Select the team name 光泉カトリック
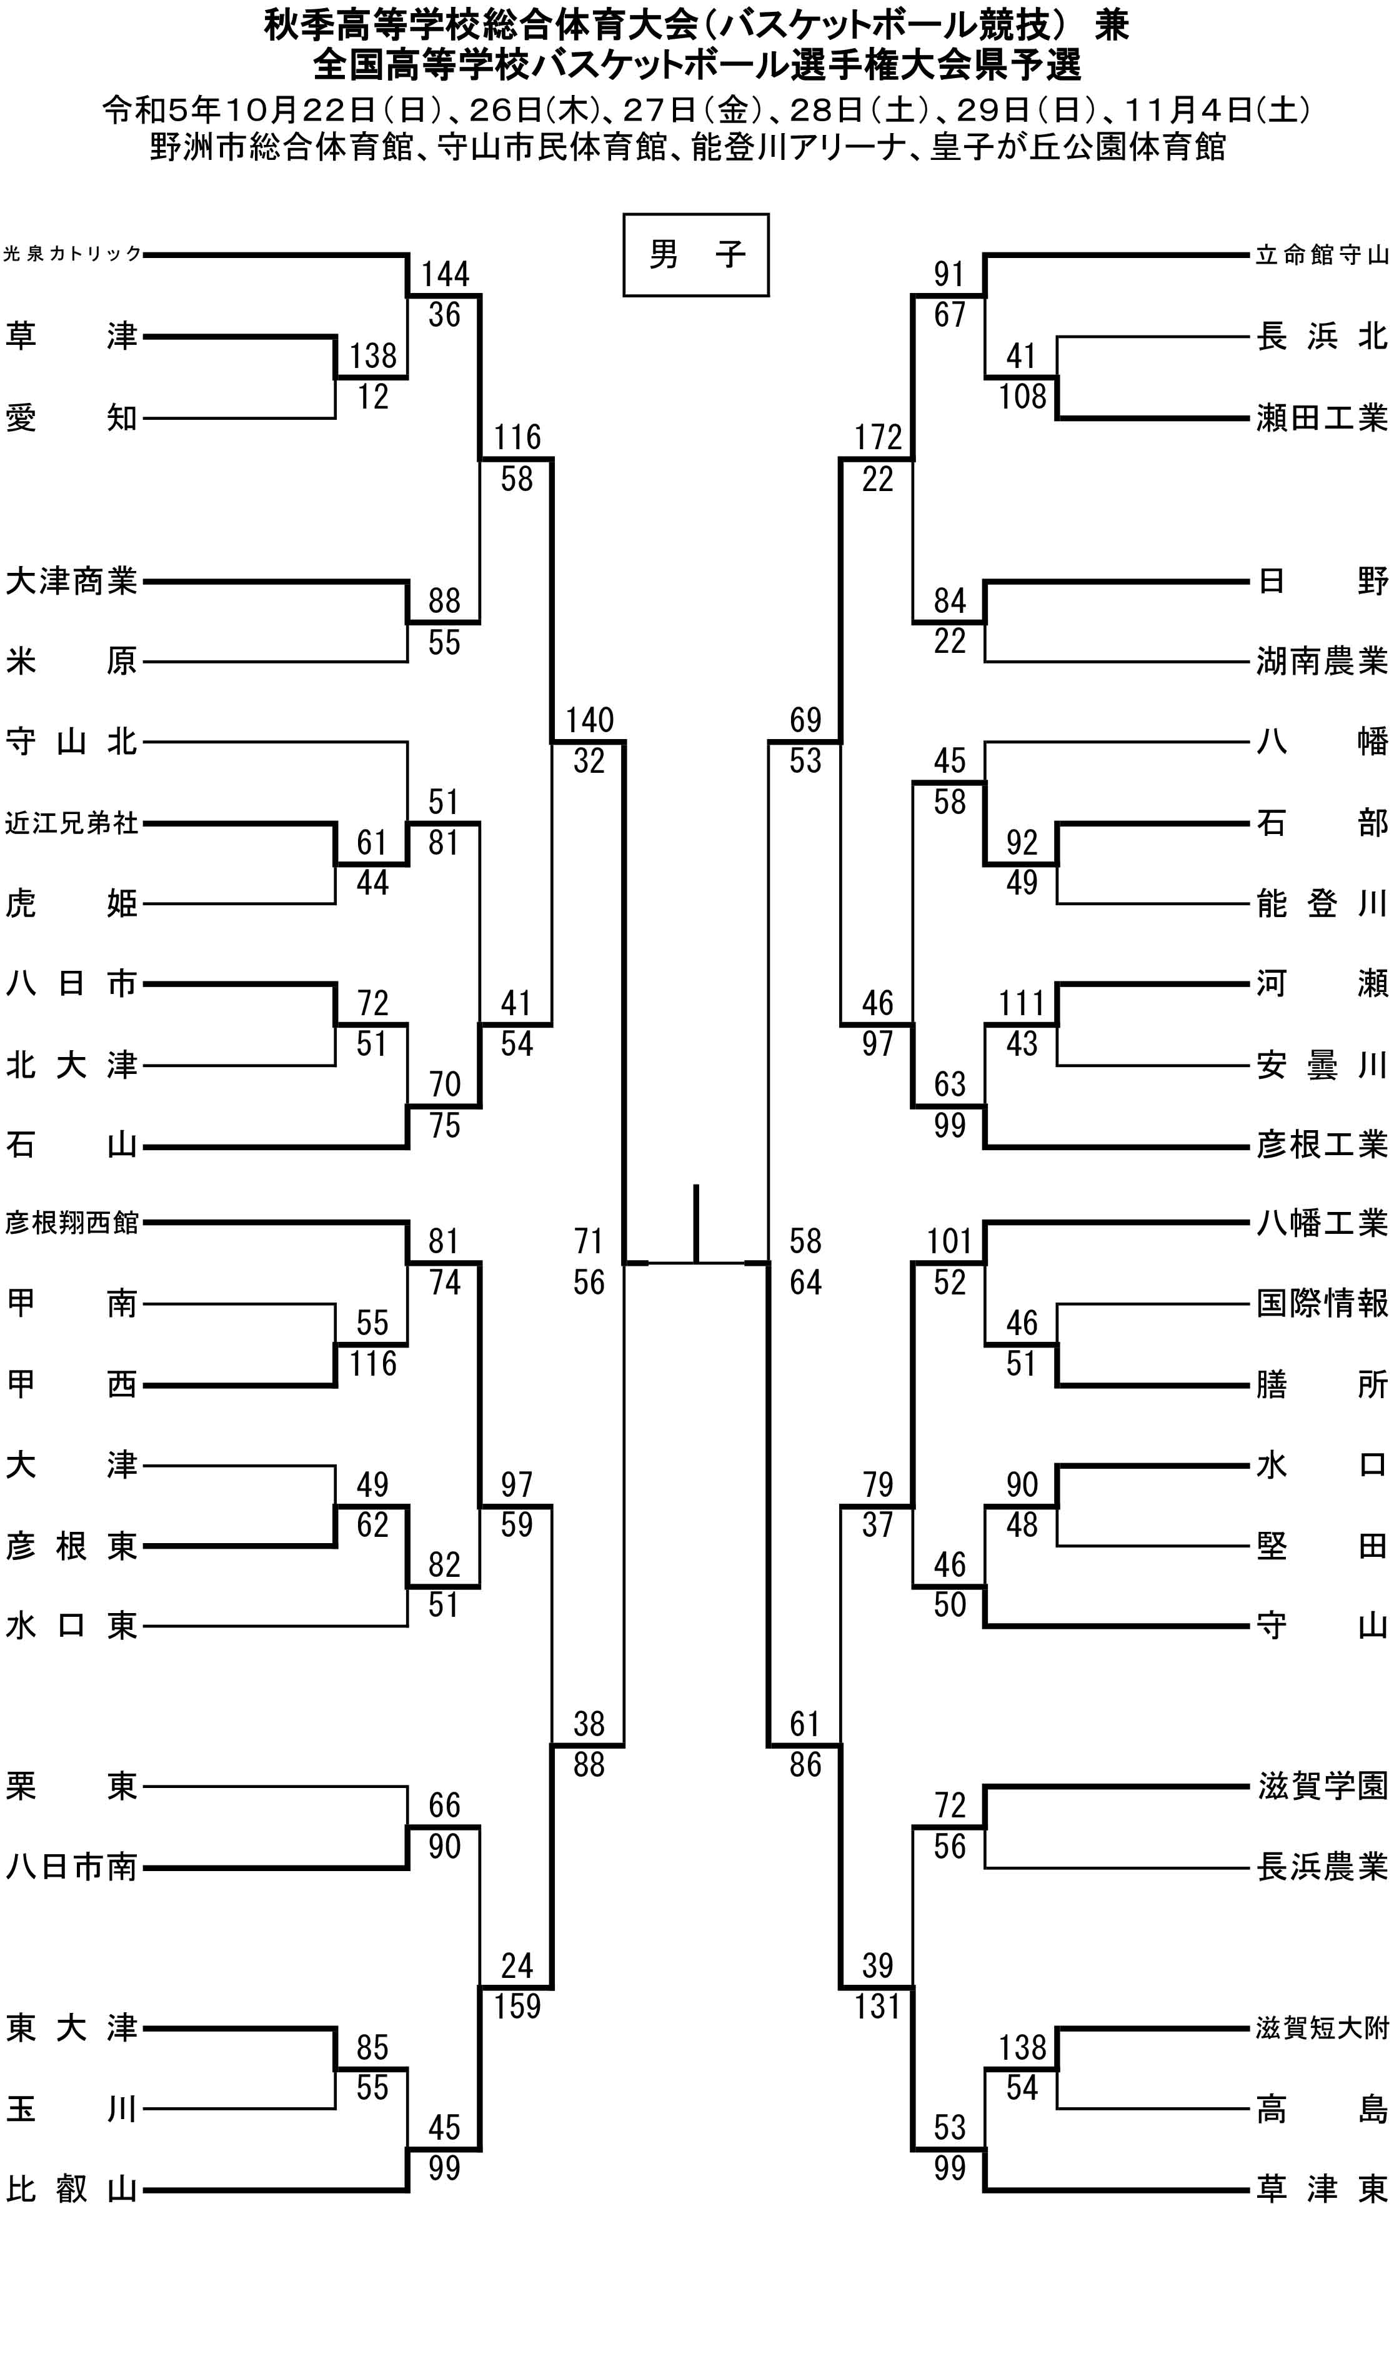72,254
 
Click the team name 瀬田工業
1322,417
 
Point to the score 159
517,2007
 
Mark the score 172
878,438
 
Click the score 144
445,274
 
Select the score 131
878,2007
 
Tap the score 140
589,721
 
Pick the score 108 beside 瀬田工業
1022,397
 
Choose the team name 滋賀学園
1322,1786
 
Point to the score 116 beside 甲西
373,1364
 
